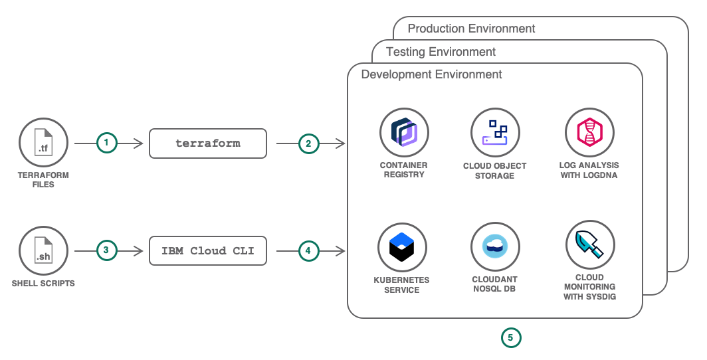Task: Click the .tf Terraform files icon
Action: [43, 142]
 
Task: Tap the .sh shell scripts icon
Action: [43, 250]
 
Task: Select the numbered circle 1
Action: [106, 143]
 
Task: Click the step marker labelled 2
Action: [308, 143]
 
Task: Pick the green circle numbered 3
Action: [106, 250]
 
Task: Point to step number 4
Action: [308, 250]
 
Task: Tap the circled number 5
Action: [511, 337]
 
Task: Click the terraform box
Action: [208, 143]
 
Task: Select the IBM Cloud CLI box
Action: [208, 250]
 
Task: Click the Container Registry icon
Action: [404, 132]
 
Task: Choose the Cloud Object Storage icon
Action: [495, 132]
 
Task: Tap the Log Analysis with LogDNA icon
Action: [589, 132]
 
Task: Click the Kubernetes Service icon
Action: [402, 247]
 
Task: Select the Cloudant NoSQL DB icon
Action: [495, 247]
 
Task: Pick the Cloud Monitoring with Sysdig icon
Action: [590, 245]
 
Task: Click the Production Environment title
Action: [471, 29]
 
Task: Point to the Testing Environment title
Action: [441, 52]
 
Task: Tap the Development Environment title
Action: [431, 74]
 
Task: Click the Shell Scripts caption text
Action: [43, 284]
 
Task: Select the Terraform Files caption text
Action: [43, 180]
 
